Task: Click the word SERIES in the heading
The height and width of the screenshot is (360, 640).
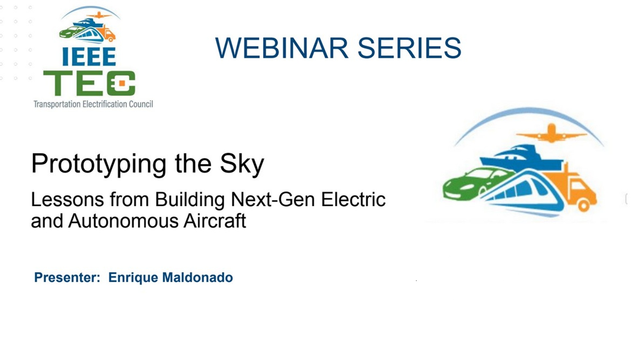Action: click(409, 48)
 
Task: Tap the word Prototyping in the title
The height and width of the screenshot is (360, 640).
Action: click(99, 164)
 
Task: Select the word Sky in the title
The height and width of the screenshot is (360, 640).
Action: click(242, 164)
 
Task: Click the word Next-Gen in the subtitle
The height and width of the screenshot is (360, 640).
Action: click(273, 199)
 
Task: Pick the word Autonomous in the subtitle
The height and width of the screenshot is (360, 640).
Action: click(123, 221)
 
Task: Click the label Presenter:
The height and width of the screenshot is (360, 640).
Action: click(67, 277)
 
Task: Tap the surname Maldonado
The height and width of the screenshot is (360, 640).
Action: click(197, 277)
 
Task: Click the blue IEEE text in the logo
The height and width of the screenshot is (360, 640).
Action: click(89, 56)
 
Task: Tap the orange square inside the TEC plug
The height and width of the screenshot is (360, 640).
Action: click(122, 83)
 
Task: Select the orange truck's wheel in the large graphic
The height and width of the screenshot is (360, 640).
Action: click(583, 205)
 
